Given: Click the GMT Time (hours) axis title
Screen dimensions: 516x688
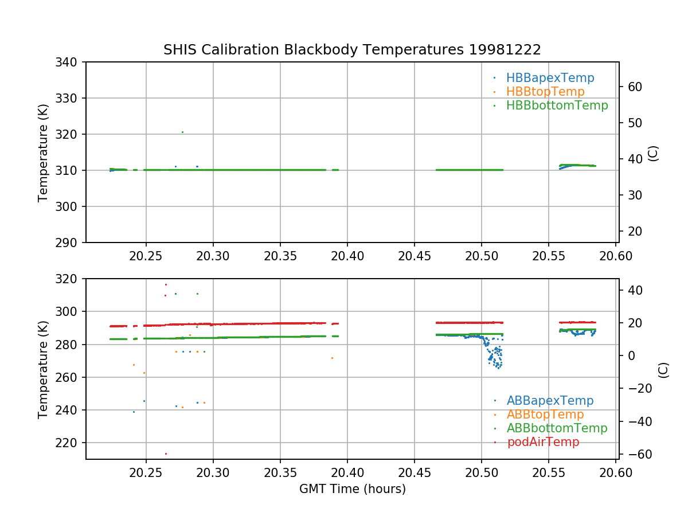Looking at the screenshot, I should (352, 489).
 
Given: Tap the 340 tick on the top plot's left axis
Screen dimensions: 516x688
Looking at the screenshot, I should (69, 62).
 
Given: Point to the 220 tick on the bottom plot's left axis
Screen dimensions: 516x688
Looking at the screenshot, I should (69, 443).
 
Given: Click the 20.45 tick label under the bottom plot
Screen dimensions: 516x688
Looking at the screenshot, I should (415, 472).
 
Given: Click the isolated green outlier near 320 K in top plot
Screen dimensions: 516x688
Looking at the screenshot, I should (182, 132).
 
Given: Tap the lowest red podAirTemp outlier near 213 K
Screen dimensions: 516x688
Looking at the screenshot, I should (166, 454).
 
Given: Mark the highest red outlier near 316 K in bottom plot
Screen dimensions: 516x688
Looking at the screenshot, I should (166, 284).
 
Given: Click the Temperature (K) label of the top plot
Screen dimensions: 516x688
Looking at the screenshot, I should (43, 152).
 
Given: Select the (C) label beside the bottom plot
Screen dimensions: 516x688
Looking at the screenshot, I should (663, 369).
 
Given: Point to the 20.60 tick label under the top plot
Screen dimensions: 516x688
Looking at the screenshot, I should (616, 256).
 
